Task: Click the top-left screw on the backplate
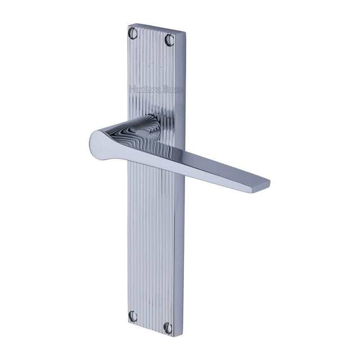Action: [x=133, y=33]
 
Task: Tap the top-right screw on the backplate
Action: [x=169, y=39]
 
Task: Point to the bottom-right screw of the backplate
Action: [x=168, y=327]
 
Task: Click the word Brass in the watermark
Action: [x=172, y=89]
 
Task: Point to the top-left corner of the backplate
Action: [x=128, y=24]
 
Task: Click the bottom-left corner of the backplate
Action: [x=128, y=323]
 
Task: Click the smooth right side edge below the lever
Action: [x=179, y=253]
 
